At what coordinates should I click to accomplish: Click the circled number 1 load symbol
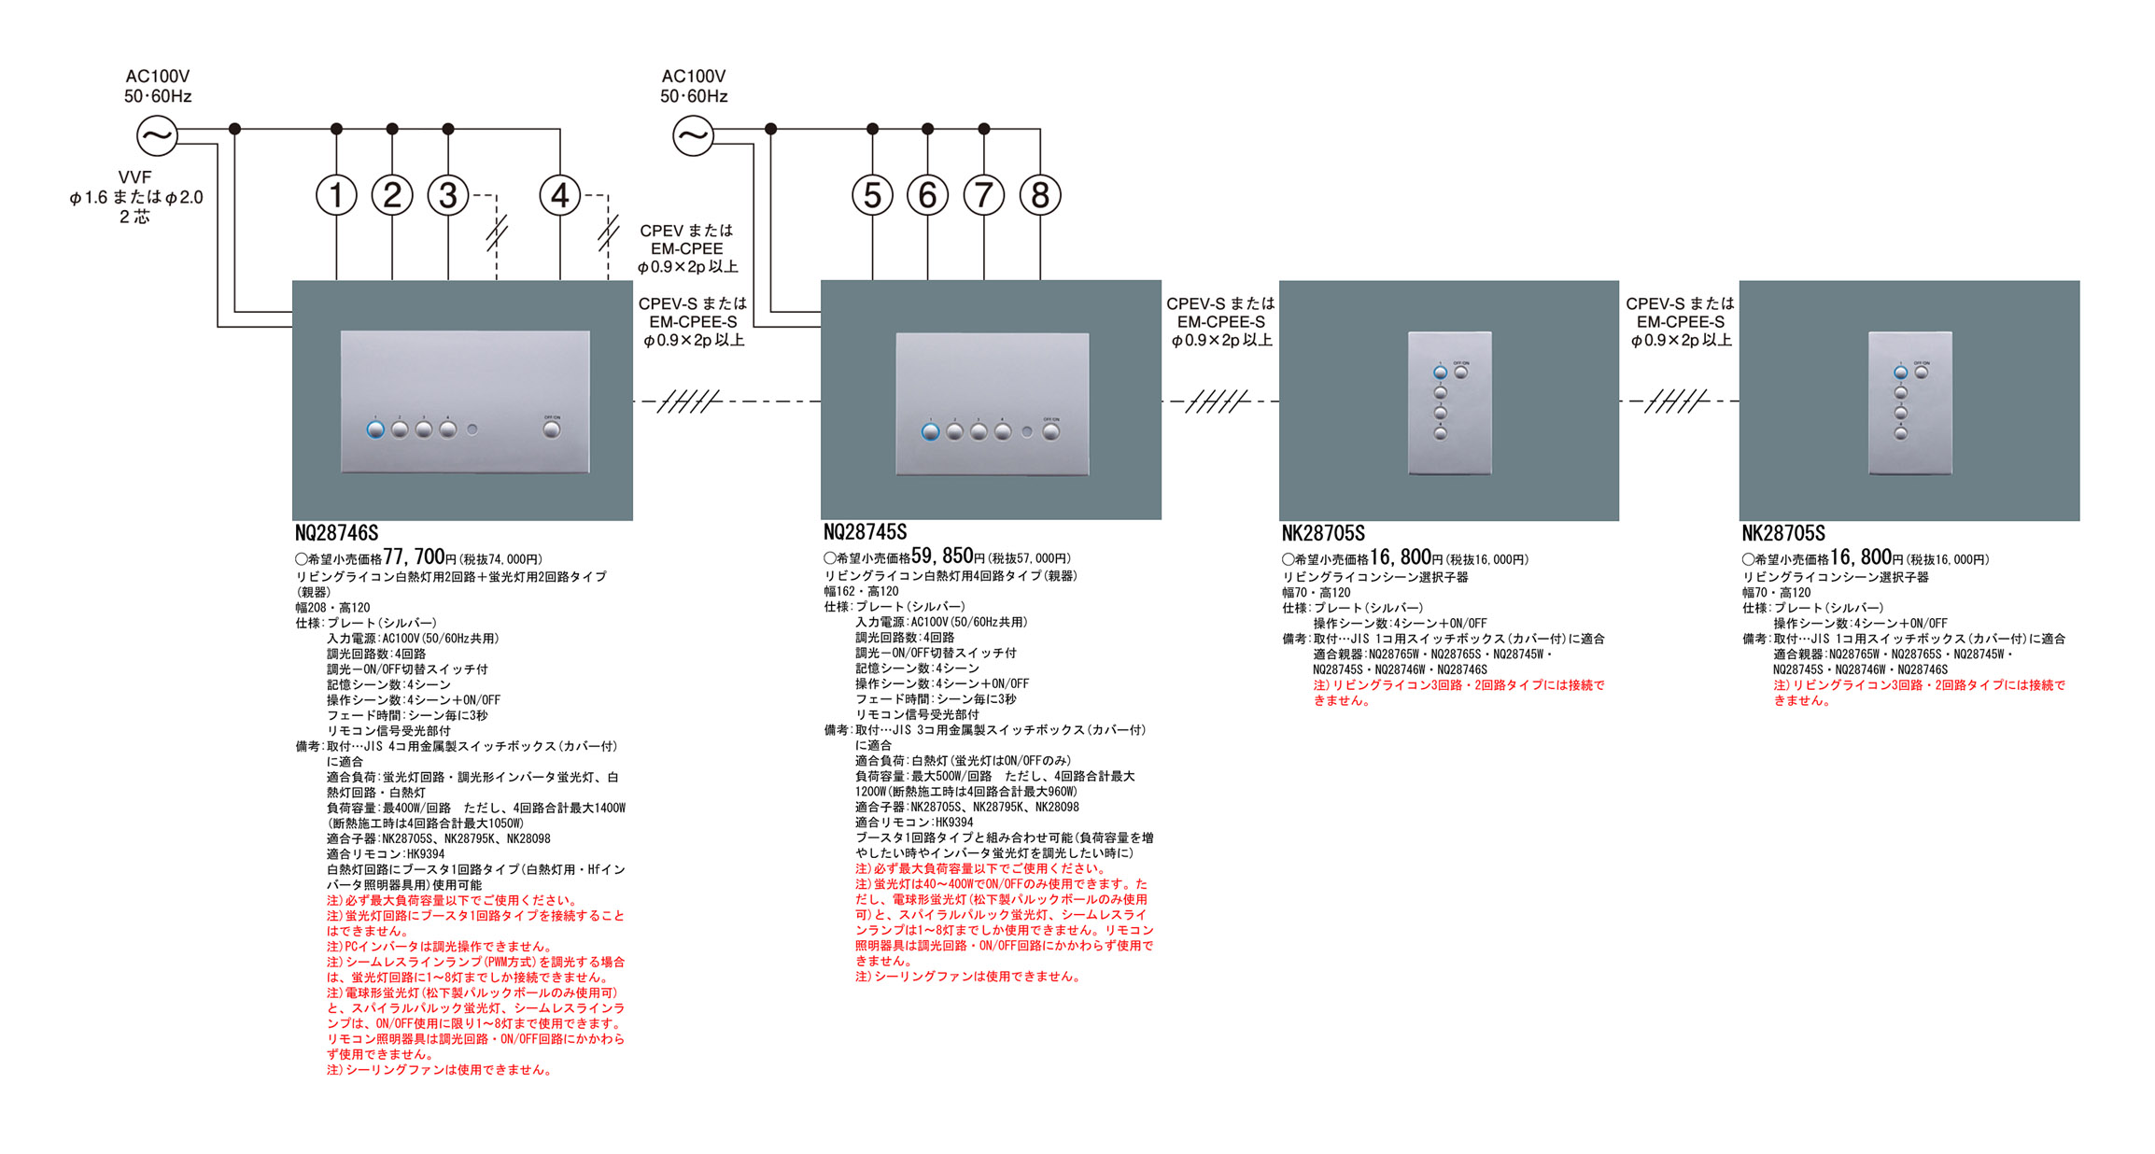336,195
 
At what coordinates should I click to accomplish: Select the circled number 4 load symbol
559,195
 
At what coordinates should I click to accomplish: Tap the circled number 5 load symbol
872,195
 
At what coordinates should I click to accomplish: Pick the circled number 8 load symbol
1040,195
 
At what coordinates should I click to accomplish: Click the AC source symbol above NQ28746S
157,136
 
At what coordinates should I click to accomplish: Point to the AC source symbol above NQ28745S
693,136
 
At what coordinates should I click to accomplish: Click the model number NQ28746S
336,533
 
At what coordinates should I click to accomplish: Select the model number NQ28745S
865,532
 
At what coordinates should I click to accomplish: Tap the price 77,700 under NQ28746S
414,557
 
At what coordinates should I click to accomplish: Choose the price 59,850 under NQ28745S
942,556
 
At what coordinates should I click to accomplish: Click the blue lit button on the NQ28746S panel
375,429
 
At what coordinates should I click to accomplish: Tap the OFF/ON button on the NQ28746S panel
552,429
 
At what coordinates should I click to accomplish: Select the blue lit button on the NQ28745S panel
930,431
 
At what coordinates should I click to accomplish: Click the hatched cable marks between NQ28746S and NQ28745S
689,401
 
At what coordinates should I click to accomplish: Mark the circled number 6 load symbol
927,195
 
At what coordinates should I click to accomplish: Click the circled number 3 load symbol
448,195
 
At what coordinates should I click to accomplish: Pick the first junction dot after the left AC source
234,129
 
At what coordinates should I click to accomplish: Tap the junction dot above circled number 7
983,129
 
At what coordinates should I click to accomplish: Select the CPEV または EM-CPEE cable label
687,248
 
